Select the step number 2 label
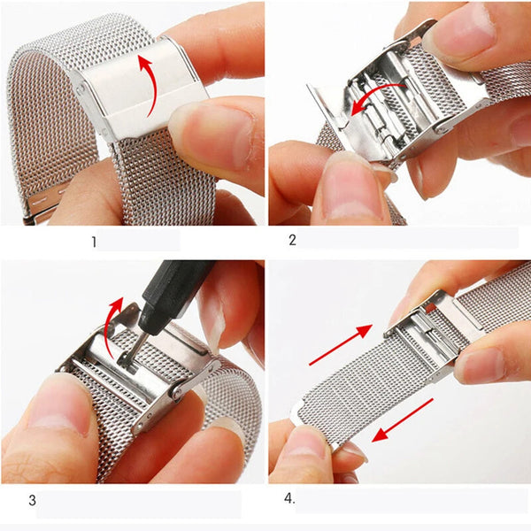click(292, 239)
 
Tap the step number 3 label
click(33, 501)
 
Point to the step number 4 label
click(289, 499)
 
